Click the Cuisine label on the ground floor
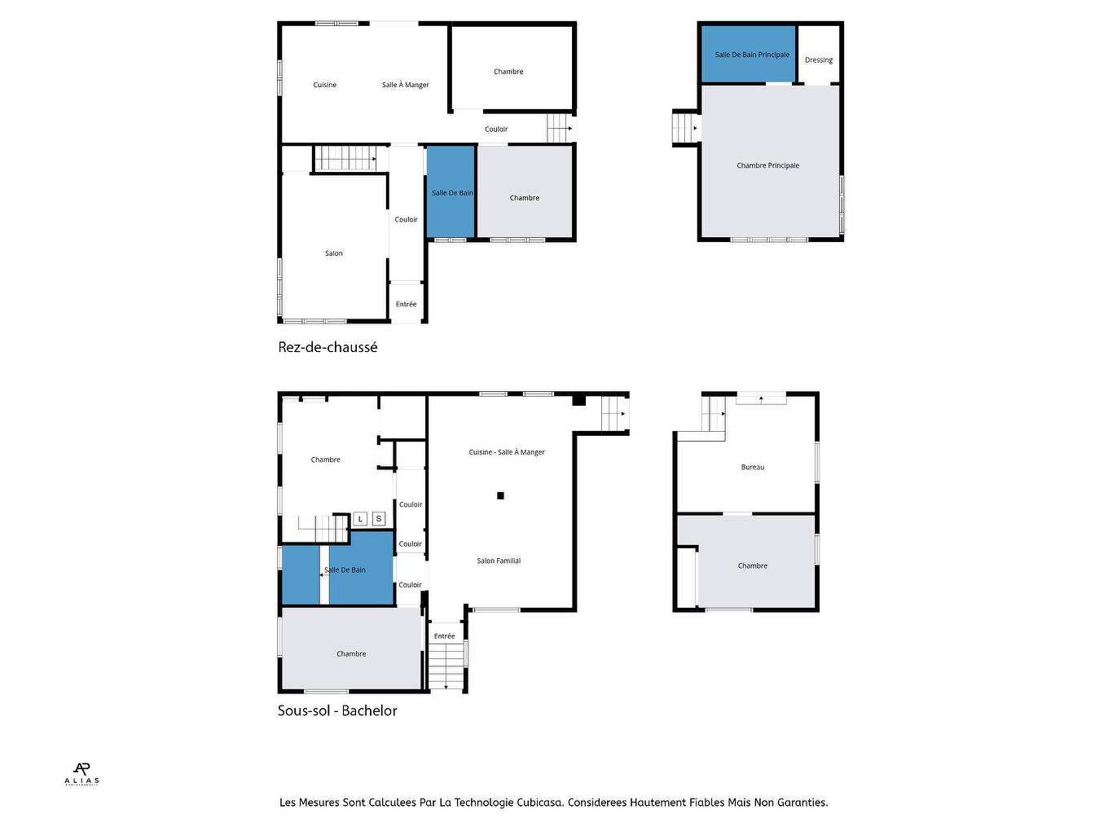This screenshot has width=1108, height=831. [x=324, y=85]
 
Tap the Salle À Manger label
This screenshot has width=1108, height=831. [x=405, y=85]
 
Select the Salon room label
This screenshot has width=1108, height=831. [x=334, y=253]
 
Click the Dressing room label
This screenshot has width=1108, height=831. [x=819, y=60]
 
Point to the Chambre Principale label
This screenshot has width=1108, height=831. [x=767, y=165]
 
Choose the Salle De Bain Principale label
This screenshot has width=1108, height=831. [x=752, y=55]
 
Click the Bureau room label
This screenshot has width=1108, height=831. [x=753, y=468]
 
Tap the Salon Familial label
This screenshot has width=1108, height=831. [x=499, y=561]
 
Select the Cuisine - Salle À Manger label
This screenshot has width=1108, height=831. [x=507, y=452]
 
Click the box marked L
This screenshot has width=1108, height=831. [x=360, y=519]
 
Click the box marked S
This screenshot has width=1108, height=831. [x=379, y=519]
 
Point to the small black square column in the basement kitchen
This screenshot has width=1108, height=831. [x=501, y=495]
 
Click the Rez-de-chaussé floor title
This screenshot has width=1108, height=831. [x=328, y=347]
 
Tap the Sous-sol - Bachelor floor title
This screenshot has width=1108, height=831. [x=337, y=710]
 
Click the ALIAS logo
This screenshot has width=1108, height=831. [x=81, y=773]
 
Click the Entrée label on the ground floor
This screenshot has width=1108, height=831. [x=406, y=305]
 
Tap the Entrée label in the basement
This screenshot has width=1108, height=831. [x=444, y=636]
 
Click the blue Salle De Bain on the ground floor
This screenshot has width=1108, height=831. [x=451, y=193]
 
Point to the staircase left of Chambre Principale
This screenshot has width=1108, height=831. [x=685, y=128]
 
